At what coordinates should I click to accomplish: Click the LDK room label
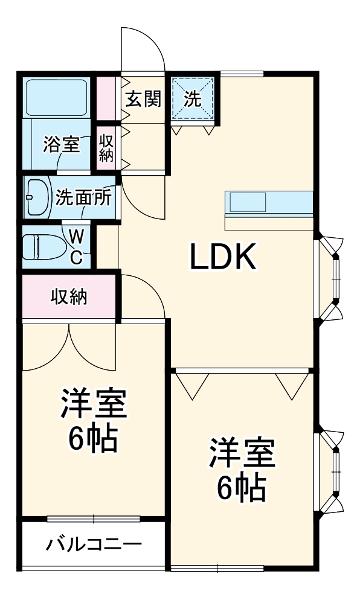click(x=224, y=258)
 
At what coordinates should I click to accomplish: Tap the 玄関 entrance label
click(x=144, y=99)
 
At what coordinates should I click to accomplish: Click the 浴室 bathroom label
click(x=62, y=145)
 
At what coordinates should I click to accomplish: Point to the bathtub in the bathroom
click(x=57, y=97)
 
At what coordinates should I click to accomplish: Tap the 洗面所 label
click(x=83, y=198)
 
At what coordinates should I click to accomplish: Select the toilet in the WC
click(x=40, y=246)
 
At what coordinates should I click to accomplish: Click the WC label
click(x=77, y=246)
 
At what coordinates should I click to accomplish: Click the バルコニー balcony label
click(x=94, y=545)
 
